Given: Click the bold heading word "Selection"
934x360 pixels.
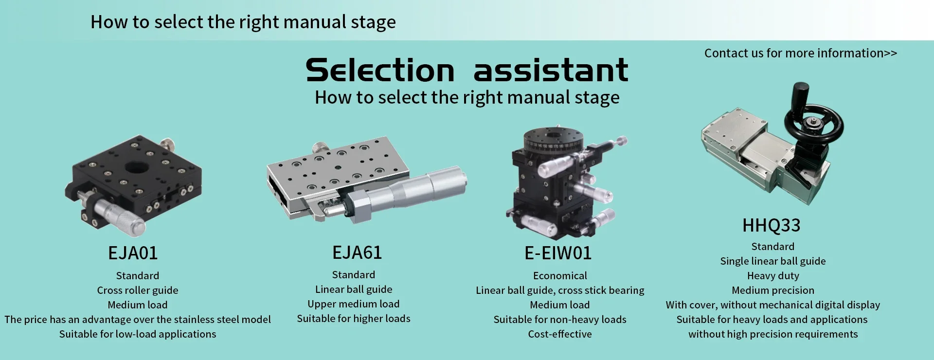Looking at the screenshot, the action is [x=380, y=70].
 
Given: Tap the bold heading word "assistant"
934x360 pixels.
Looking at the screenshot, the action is [x=551, y=70].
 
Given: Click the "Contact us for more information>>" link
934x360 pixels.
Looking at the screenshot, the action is [x=801, y=53].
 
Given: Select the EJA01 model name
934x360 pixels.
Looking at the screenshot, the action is [x=133, y=253].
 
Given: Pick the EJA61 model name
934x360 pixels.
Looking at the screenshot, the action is [x=357, y=252].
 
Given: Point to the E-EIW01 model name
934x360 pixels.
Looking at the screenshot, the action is [x=558, y=253].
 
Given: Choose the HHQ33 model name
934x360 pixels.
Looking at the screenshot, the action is [x=772, y=225].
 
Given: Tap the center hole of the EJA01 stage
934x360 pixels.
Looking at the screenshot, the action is [x=137, y=168].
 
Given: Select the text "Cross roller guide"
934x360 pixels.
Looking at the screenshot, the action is [x=138, y=290].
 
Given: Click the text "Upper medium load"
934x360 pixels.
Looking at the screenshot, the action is [x=354, y=304].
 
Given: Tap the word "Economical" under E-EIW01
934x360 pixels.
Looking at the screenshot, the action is [x=560, y=276].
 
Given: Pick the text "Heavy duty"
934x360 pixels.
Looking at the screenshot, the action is [x=773, y=276].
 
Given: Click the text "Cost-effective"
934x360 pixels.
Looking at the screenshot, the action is [x=560, y=334].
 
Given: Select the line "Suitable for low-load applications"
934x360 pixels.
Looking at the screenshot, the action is [x=138, y=334].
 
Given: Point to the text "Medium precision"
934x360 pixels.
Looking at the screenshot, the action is [x=773, y=290].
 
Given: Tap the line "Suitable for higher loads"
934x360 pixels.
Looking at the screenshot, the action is [x=354, y=319].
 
